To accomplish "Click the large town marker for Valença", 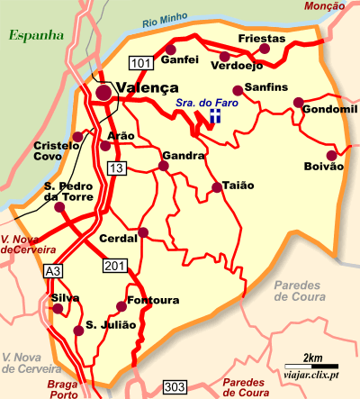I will click(x=104, y=90).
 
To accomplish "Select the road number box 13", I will click(x=115, y=168).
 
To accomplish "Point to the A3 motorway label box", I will click(x=54, y=270).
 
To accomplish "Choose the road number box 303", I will click(x=175, y=387).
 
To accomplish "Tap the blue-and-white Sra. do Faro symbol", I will click(x=215, y=118).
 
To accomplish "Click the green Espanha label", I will click(x=35, y=36).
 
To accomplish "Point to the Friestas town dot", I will click(x=264, y=49).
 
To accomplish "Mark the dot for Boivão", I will click(x=331, y=155).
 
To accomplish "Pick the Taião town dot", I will click(x=216, y=187).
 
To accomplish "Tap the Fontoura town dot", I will click(x=122, y=306).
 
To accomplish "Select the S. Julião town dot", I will click(x=79, y=331).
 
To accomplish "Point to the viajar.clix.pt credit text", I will click(x=311, y=374).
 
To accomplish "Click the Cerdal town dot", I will click(x=142, y=232).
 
